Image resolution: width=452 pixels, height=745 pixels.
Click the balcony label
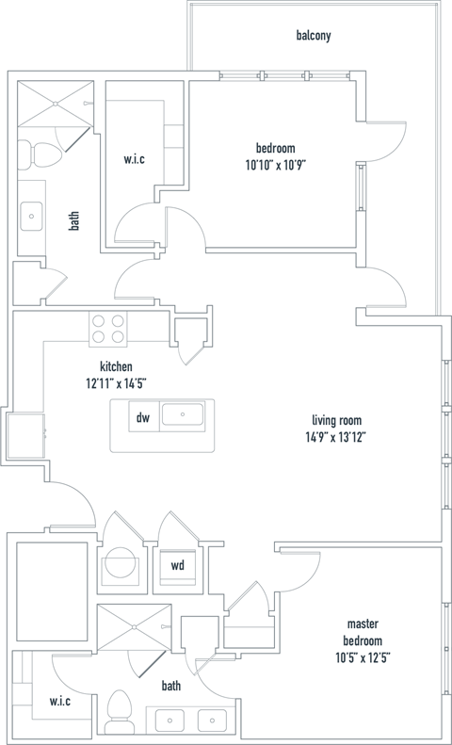tap(314, 36)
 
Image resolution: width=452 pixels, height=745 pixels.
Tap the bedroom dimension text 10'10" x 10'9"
tap(276, 164)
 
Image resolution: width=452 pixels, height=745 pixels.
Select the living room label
tap(337, 420)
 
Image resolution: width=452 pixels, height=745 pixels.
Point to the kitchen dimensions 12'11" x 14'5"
tap(116, 382)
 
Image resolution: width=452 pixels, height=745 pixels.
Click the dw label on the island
tap(142, 417)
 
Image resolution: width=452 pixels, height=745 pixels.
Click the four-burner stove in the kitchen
tap(108, 328)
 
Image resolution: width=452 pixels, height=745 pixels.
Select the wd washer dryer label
tap(177, 565)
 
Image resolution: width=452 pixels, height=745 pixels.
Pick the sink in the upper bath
tap(32, 216)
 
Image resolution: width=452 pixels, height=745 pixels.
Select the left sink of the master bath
tap(171, 721)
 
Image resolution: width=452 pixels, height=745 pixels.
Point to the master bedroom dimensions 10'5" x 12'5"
tap(363, 658)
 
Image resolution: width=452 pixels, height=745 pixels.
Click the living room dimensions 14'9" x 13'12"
tap(337, 436)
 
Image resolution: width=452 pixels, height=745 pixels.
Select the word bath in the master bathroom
tap(170, 686)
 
